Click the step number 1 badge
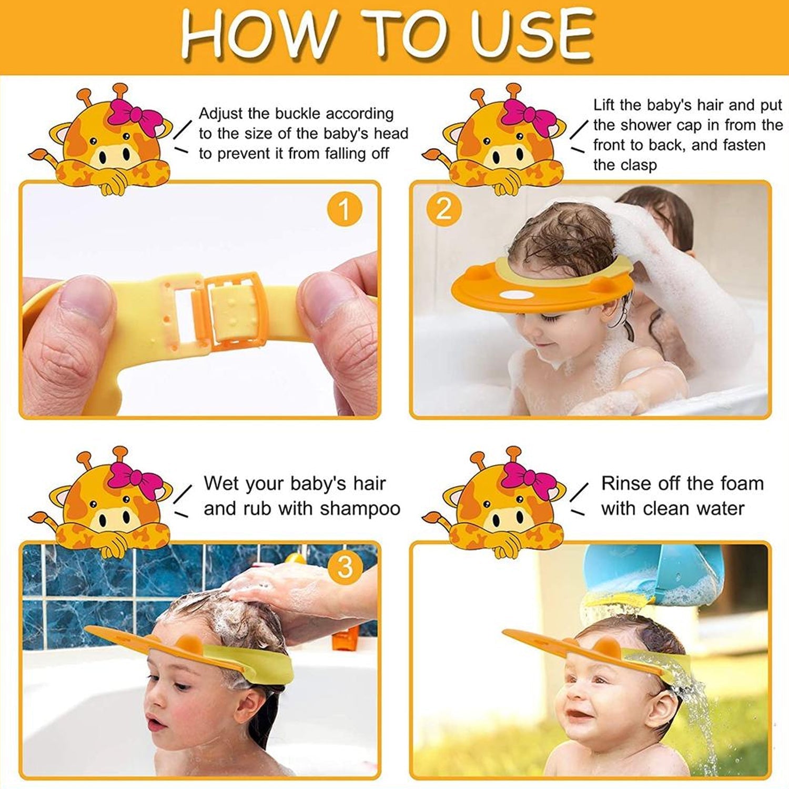pyautogui.click(x=345, y=209)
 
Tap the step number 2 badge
pyautogui.click(x=444, y=209)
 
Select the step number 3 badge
pyautogui.click(x=345, y=568)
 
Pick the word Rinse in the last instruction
pyautogui.click(x=626, y=483)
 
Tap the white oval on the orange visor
pyautogui.click(x=516, y=296)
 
